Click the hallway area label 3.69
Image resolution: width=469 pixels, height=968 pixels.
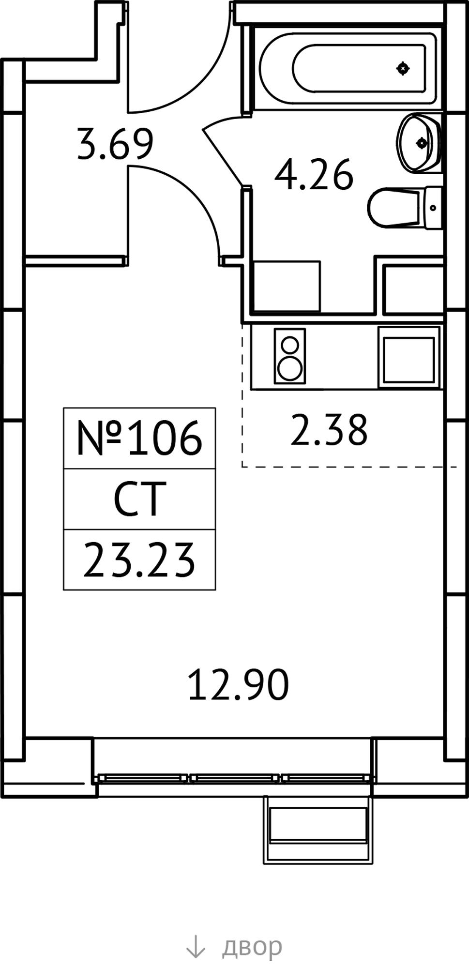pyautogui.click(x=115, y=144)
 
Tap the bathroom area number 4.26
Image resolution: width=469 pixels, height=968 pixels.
pyautogui.click(x=314, y=175)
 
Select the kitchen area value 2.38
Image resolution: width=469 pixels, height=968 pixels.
pyautogui.click(x=329, y=429)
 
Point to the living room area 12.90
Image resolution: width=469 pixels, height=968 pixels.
pyautogui.click(x=238, y=685)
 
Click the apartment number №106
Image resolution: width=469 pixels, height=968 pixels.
pyautogui.click(x=139, y=438)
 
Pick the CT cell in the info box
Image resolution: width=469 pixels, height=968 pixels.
pyautogui.click(x=140, y=499)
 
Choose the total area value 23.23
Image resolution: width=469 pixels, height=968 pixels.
pyautogui.click(x=139, y=560)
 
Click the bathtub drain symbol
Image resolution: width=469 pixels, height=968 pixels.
pyautogui.click(x=403, y=69)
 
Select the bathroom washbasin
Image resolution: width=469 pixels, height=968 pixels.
pyautogui.click(x=419, y=142)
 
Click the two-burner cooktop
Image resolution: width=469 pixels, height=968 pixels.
pyautogui.click(x=290, y=356)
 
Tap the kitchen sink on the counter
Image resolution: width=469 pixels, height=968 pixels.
pyautogui.click(x=409, y=357)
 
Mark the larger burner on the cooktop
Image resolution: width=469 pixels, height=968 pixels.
pyautogui.click(x=290, y=369)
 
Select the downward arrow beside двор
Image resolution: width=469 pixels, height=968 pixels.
pyautogui.click(x=196, y=946)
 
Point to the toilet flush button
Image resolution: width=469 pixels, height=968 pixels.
pyautogui.click(x=433, y=208)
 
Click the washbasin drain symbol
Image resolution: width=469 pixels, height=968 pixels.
pyautogui.click(x=422, y=142)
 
